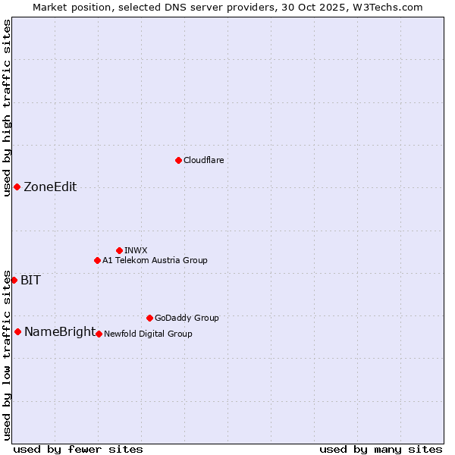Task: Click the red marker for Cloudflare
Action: click(x=178, y=160)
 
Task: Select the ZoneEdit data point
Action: click(x=17, y=187)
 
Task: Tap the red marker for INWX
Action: click(x=119, y=250)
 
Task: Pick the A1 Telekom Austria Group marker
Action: click(x=97, y=260)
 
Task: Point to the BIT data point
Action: click(x=14, y=280)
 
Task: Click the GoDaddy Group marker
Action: click(x=149, y=318)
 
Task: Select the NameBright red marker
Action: click(x=17, y=331)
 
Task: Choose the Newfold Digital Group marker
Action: click(x=99, y=334)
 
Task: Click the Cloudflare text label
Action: click(x=204, y=160)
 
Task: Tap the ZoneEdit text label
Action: click(x=50, y=187)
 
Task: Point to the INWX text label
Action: click(x=136, y=250)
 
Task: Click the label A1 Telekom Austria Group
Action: click(x=155, y=260)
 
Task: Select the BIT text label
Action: click(x=30, y=280)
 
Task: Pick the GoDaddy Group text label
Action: click(x=187, y=318)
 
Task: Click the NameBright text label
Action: click(x=60, y=331)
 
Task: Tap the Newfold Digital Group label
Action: click(x=148, y=334)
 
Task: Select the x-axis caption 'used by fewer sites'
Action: click(x=78, y=449)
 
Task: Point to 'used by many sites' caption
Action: click(x=381, y=449)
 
